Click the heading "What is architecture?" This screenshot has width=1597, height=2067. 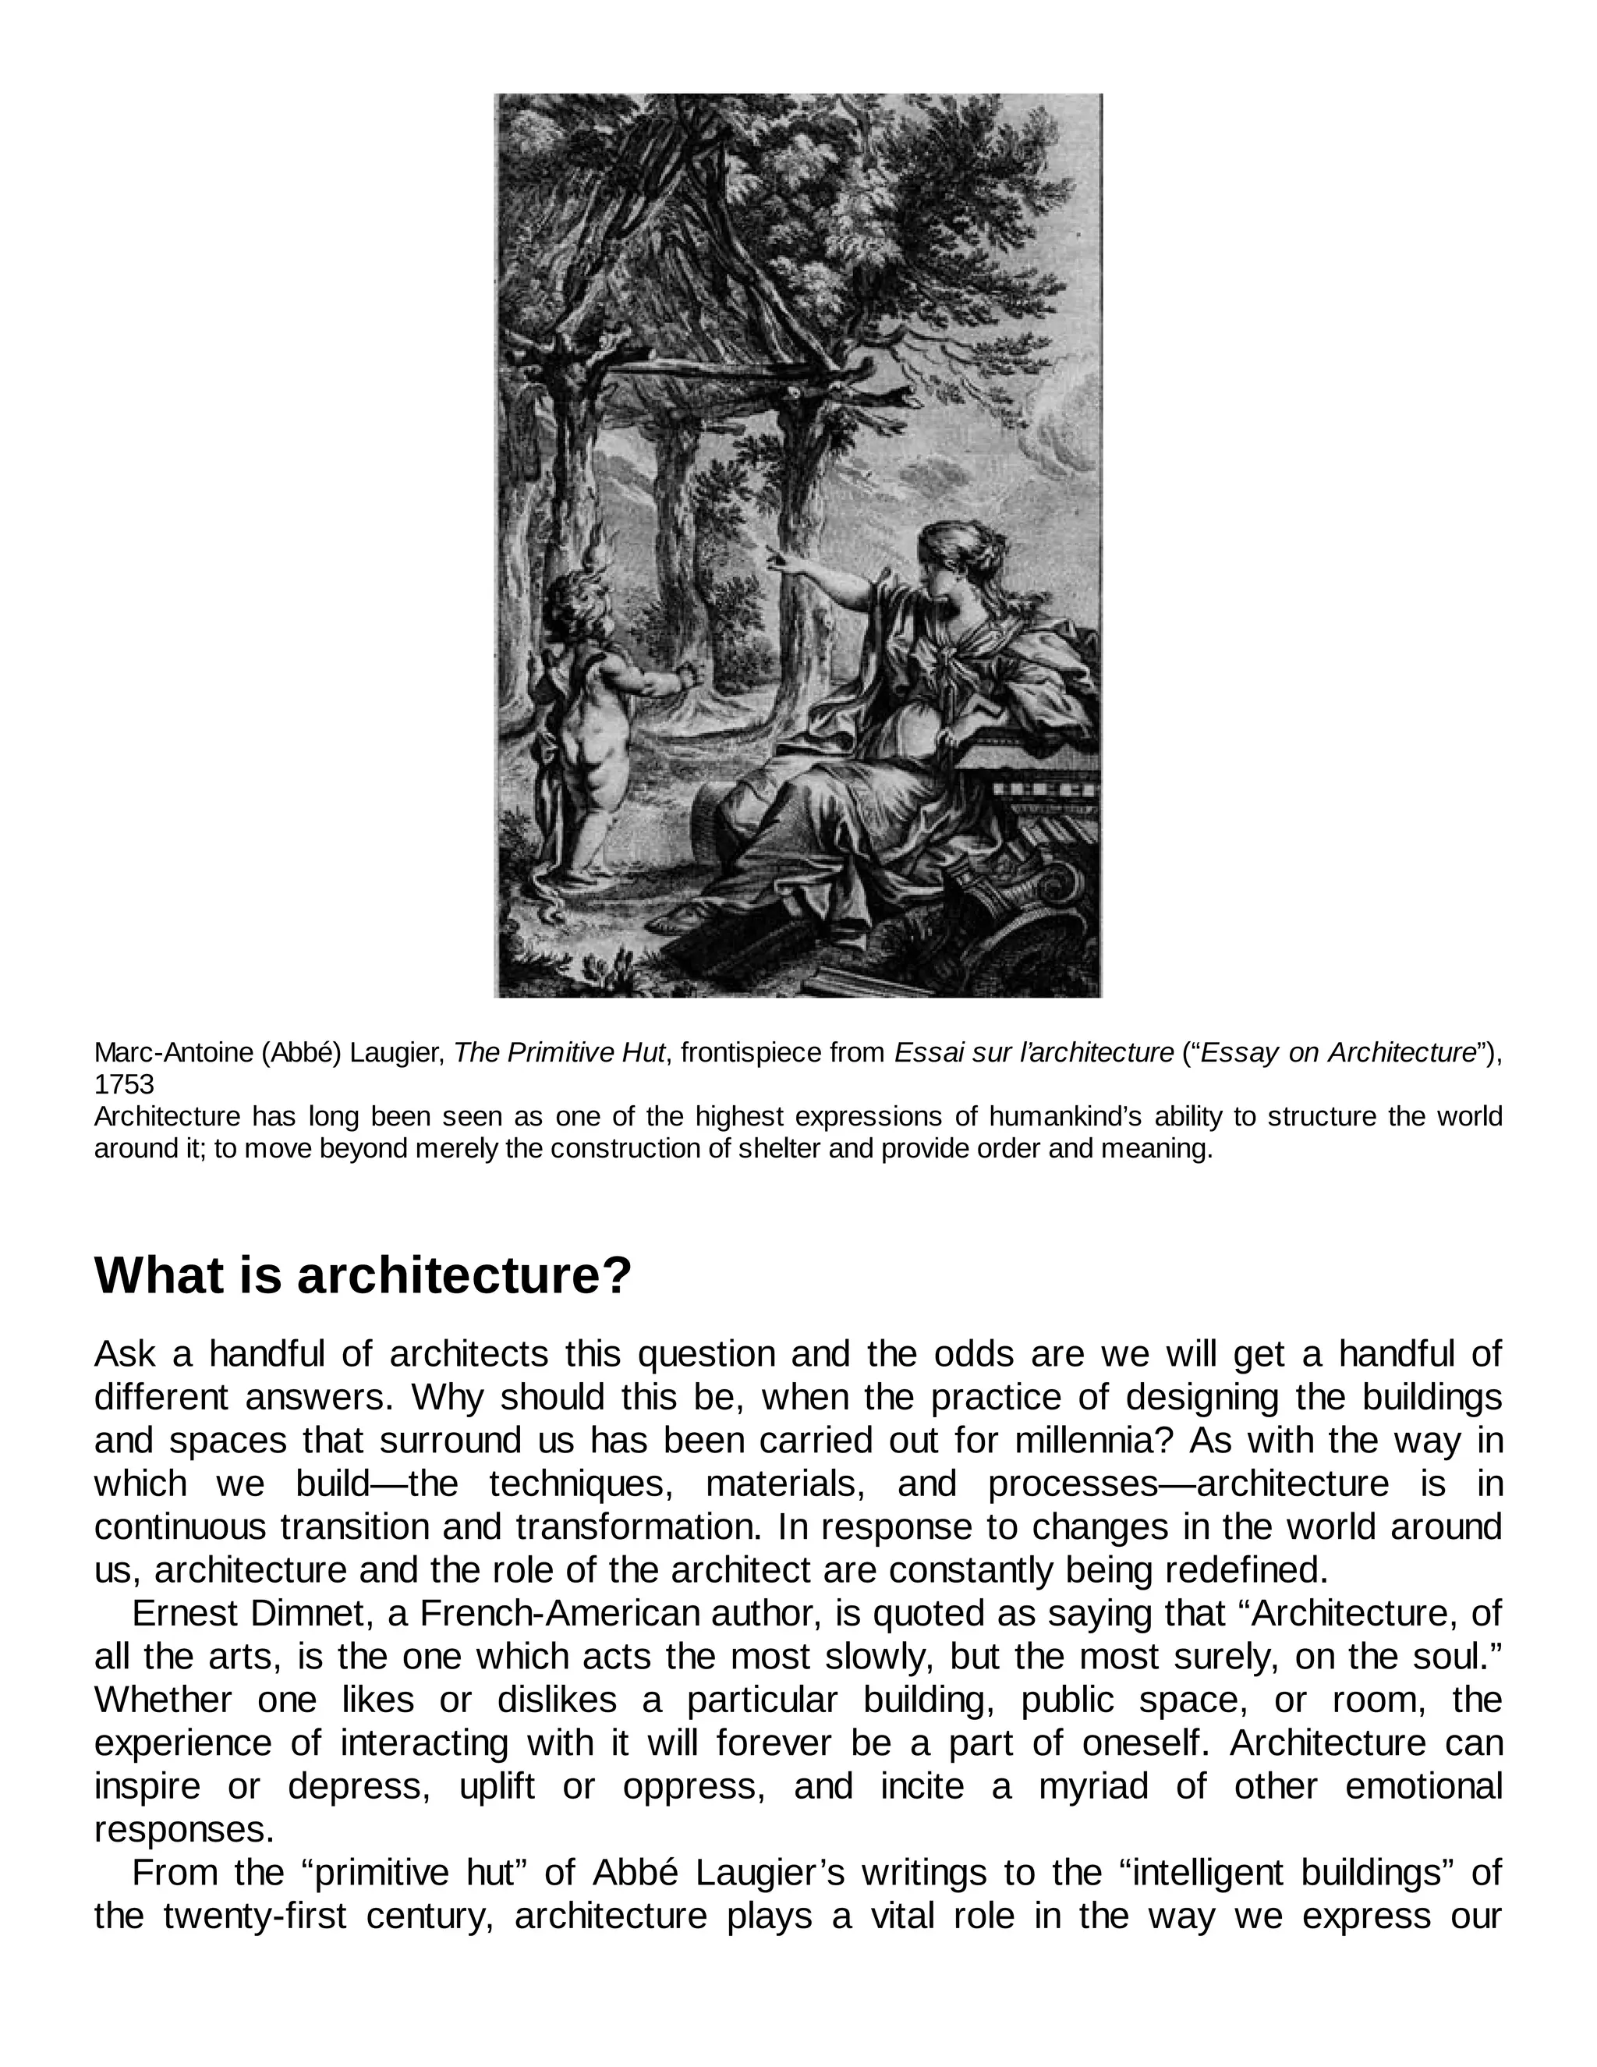click(x=363, y=1275)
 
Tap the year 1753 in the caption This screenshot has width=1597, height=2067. click(x=124, y=1085)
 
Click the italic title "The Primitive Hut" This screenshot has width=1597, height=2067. click(x=559, y=1052)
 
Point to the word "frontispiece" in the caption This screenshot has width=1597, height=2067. click(x=747, y=1052)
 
